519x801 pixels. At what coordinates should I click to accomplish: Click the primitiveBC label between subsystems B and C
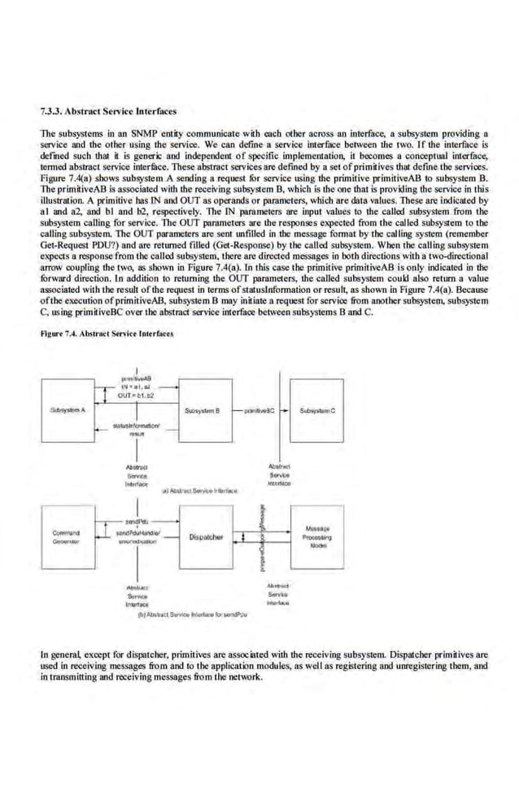(259, 412)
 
